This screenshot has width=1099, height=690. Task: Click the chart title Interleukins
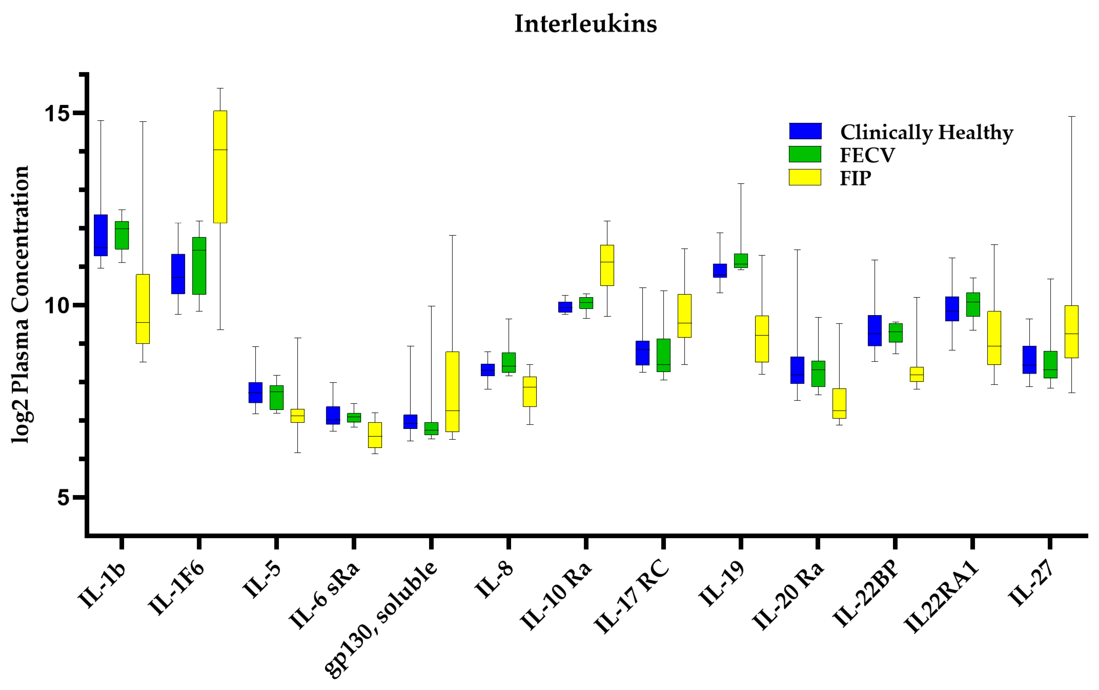585,24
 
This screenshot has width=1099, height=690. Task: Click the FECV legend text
867,155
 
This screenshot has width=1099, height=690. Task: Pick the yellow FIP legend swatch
805,177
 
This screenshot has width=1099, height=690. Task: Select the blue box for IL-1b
101,235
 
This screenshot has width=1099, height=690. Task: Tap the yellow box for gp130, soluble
452,392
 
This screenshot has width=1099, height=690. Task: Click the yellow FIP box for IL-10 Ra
607,265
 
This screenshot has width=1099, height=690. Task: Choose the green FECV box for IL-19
740,260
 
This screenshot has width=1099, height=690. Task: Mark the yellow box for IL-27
1071,332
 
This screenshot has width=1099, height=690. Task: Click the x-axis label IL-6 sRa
325,595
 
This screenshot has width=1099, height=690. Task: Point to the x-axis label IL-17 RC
632,598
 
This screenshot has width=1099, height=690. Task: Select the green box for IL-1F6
199,266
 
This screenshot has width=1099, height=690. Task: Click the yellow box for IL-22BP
916,374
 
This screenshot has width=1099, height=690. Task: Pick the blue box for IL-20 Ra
797,370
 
